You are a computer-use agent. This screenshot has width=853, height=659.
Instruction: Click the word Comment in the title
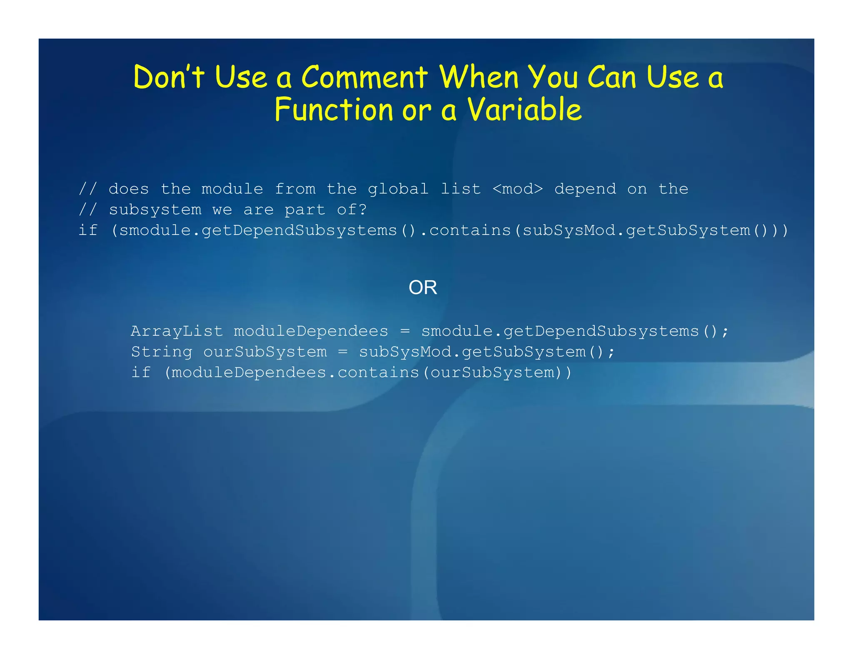coord(364,77)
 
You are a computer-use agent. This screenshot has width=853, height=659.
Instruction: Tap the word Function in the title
coord(334,110)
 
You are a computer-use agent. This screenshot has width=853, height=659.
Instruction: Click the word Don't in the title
coord(169,77)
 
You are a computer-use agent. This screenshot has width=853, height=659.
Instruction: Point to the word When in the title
coord(479,77)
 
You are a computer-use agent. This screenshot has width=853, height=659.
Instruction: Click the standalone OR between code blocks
coord(423,287)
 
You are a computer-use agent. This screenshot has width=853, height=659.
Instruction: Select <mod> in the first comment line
coord(518,189)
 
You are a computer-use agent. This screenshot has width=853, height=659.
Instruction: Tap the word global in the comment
coord(398,189)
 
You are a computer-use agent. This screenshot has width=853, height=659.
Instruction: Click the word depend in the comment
coord(585,189)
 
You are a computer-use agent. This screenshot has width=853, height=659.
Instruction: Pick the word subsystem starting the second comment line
coord(155,210)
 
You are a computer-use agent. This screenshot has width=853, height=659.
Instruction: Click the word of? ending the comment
coord(352,210)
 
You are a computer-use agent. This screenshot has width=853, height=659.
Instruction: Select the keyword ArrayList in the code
coord(177,331)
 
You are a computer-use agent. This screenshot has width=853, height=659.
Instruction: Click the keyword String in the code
coord(162,352)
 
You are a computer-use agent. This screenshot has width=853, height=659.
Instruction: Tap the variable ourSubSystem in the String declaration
coord(265,352)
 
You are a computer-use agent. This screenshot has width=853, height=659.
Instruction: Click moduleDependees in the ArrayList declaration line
coord(311,331)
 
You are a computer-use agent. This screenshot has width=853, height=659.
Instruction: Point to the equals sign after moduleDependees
coord(405,331)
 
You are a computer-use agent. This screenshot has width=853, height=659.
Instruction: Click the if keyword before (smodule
coord(88,230)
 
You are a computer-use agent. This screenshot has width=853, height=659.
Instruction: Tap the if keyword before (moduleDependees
coord(140,372)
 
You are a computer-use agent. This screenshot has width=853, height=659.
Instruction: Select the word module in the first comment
coord(232,189)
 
